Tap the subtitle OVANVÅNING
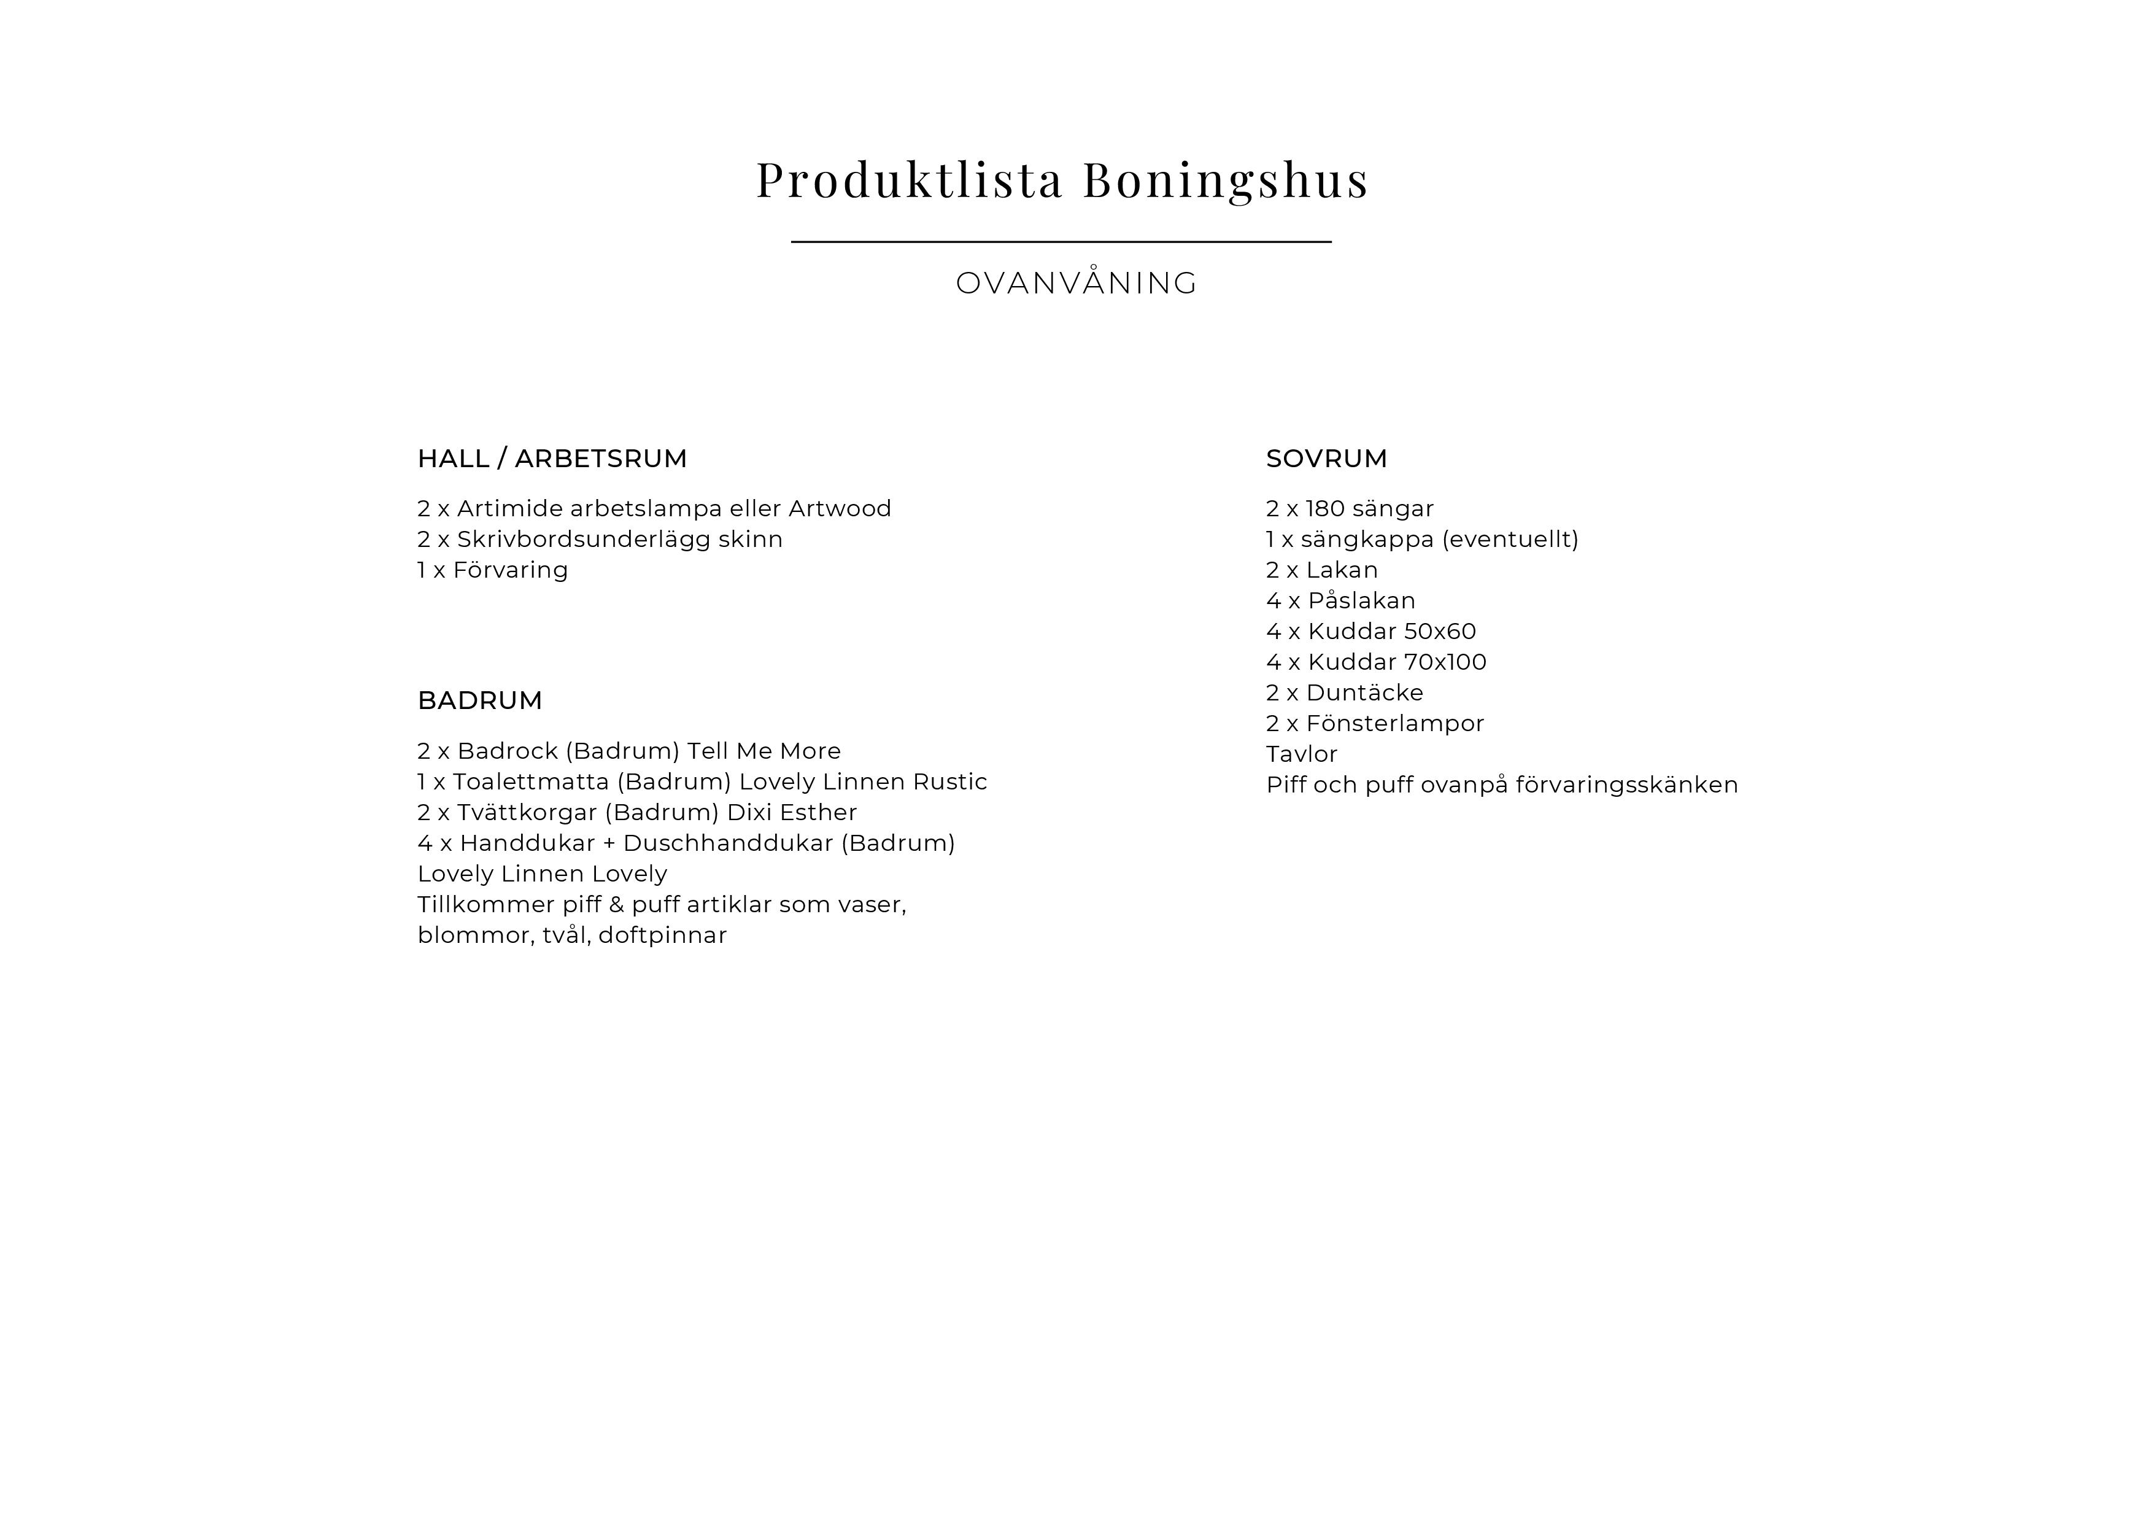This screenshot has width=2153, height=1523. [1076, 283]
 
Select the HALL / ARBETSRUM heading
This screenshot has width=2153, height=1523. [552, 459]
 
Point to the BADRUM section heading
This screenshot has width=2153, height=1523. [480, 700]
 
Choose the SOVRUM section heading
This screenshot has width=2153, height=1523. [1326, 459]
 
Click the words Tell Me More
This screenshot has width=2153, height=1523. [763, 751]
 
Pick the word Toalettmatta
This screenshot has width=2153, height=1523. [531, 782]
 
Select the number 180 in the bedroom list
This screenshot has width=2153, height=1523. [1325, 508]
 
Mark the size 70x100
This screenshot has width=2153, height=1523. [1444, 662]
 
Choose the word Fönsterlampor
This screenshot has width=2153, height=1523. [1394, 723]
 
